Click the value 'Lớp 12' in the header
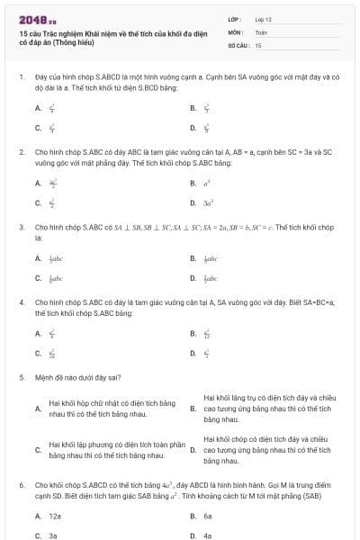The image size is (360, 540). pyautogui.click(x=264, y=19)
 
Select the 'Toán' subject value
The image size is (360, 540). pyautogui.click(x=261, y=31)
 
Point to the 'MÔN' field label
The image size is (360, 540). pyautogui.click(x=235, y=31)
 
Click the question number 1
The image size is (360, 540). pyautogui.click(x=21, y=78)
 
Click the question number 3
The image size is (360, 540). pyautogui.click(x=21, y=228)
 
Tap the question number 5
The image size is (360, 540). pyautogui.click(x=21, y=378)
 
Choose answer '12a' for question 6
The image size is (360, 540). pyautogui.click(x=55, y=516)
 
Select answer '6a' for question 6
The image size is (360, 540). pyautogui.click(x=208, y=516)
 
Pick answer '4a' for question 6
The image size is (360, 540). pyautogui.click(x=208, y=535)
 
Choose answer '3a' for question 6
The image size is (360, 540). pyautogui.click(x=53, y=535)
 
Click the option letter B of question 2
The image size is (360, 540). pyautogui.click(x=193, y=183)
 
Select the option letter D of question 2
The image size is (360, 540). pyautogui.click(x=193, y=203)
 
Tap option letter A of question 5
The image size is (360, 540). pyautogui.click(x=38, y=409)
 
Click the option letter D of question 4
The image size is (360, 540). pyautogui.click(x=193, y=354)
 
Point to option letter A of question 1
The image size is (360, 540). pyautogui.click(x=38, y=108)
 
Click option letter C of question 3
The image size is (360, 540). pyautogui.click(x=38, y=279)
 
